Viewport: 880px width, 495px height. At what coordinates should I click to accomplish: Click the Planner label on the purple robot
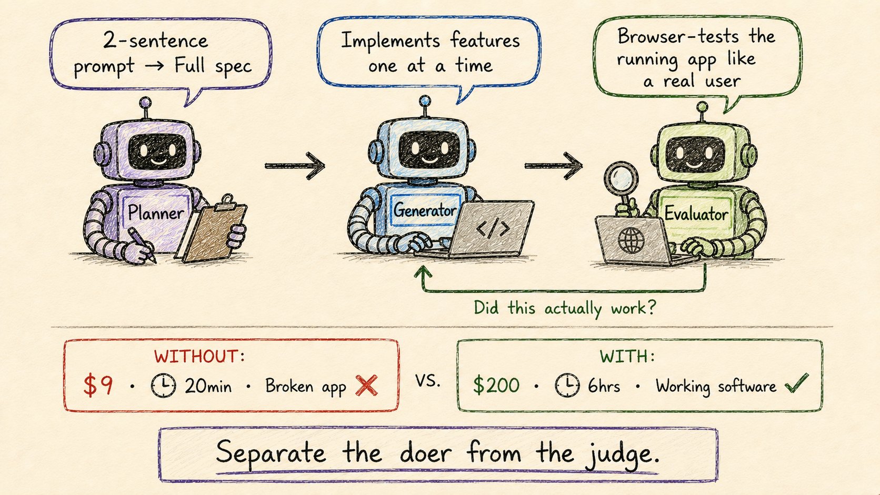click(x=156, y=213)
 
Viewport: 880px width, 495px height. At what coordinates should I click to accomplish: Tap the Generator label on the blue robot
click(x=425, y=210)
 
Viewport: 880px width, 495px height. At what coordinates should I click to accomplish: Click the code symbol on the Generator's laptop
click(x=493, y=228)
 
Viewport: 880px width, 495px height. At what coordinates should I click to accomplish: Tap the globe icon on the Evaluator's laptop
click(x=632, y=240)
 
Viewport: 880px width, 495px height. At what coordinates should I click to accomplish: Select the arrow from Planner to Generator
click(x=295, y=166)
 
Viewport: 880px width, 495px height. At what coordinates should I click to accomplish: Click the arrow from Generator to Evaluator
click(x=554, y=166)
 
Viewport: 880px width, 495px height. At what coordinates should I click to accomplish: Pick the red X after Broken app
click(x=366, y=386)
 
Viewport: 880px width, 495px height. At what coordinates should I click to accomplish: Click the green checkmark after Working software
click(x=797, y=383)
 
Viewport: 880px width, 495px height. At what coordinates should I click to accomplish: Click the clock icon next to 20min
click(x=164, y=386)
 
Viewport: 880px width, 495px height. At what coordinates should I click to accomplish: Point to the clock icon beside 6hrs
click(x=567, y=385)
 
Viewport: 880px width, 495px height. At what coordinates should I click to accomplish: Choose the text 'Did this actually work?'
click(x=565, y=308)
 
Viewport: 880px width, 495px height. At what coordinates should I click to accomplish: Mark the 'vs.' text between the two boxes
click(x=428, y=380)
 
